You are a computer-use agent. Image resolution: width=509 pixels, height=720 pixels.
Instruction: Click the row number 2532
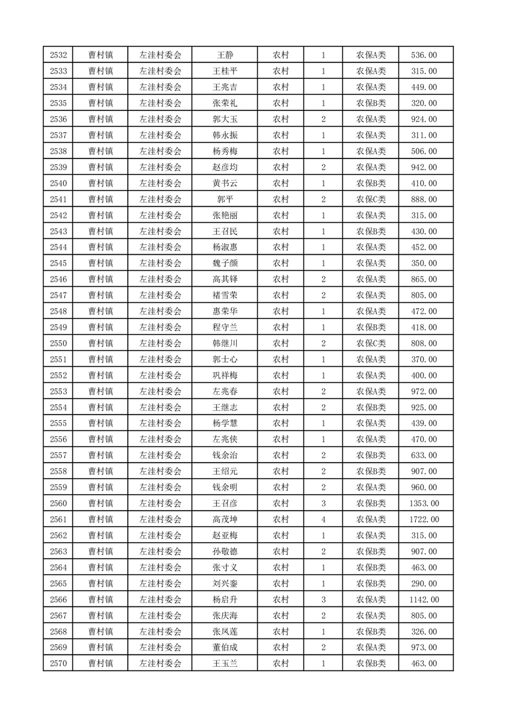(x=58, y=55)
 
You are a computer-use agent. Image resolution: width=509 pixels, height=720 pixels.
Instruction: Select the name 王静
(x=225, y=55)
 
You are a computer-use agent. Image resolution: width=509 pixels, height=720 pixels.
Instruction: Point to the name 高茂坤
(x=225, y=519)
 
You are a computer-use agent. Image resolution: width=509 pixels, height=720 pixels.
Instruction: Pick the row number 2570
(x=58, y=664)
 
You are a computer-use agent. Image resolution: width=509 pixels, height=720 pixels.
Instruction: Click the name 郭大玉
(x=225, y=119)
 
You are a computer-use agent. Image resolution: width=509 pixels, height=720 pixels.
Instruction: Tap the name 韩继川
(x=225, y=343)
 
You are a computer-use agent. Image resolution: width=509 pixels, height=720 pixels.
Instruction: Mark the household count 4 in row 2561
(x=323, y=519)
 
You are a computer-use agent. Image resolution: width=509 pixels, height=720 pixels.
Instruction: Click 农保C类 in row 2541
(x=370, y=199)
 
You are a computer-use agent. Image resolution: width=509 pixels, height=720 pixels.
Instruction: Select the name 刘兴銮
(x=225, y=583)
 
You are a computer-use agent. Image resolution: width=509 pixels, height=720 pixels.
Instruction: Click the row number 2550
(x=58, y=343)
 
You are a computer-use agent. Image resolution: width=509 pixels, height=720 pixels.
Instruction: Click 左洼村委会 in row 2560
(x=160, y=503)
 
